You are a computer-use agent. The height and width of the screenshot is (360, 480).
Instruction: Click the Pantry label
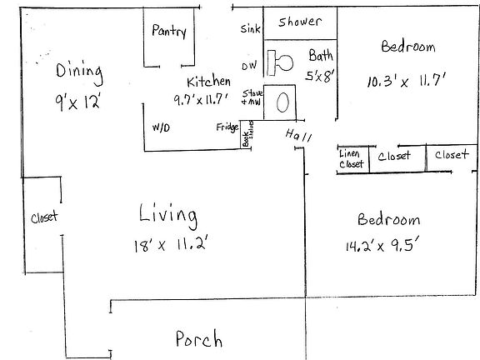point(169,32)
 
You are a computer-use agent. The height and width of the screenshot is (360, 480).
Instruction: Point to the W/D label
point(161,127)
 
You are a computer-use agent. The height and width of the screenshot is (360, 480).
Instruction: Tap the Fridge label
point(226,127)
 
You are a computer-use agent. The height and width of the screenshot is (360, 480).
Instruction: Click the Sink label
point(250,29)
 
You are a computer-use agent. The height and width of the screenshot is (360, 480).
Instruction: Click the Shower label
point(300,22)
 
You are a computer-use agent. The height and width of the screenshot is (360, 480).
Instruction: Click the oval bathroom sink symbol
point(282,102)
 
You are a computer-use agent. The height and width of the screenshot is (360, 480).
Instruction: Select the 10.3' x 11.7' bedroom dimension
point(408,82)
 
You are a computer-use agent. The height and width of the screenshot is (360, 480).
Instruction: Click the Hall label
point(297,136)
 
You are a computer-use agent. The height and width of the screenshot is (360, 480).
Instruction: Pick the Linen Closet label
point(352,159)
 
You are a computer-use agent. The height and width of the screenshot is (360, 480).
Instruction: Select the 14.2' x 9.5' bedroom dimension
point(388,247)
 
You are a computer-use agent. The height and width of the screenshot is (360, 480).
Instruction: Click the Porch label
point(198,339)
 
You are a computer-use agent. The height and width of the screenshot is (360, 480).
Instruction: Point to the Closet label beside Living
point(43,217)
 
